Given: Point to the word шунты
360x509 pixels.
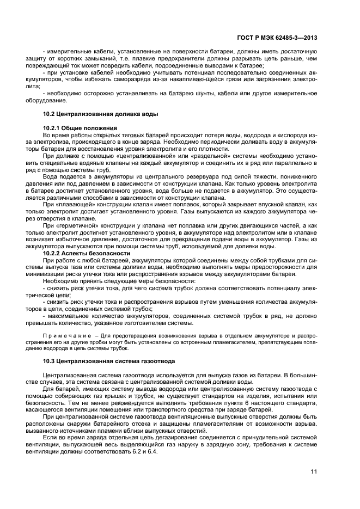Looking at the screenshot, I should click(x=184, y=93).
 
